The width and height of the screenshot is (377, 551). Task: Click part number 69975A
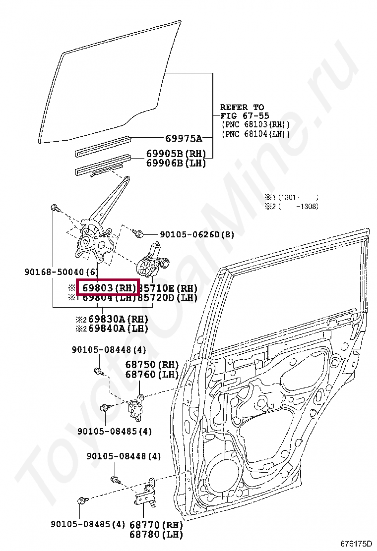point(183,138)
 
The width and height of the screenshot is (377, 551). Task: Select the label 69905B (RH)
point(176,154)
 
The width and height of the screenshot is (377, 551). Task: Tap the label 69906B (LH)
point(176,163)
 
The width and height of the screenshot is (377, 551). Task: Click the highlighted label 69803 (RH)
point(108,288)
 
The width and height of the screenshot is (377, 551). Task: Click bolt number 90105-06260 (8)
point(197,234)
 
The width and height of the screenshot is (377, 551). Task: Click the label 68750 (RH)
point(152,365)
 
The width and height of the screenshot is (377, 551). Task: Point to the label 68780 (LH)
point(156,534)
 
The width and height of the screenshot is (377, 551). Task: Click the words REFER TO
point(242,107)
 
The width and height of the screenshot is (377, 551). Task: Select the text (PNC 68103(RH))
point(255,125)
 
